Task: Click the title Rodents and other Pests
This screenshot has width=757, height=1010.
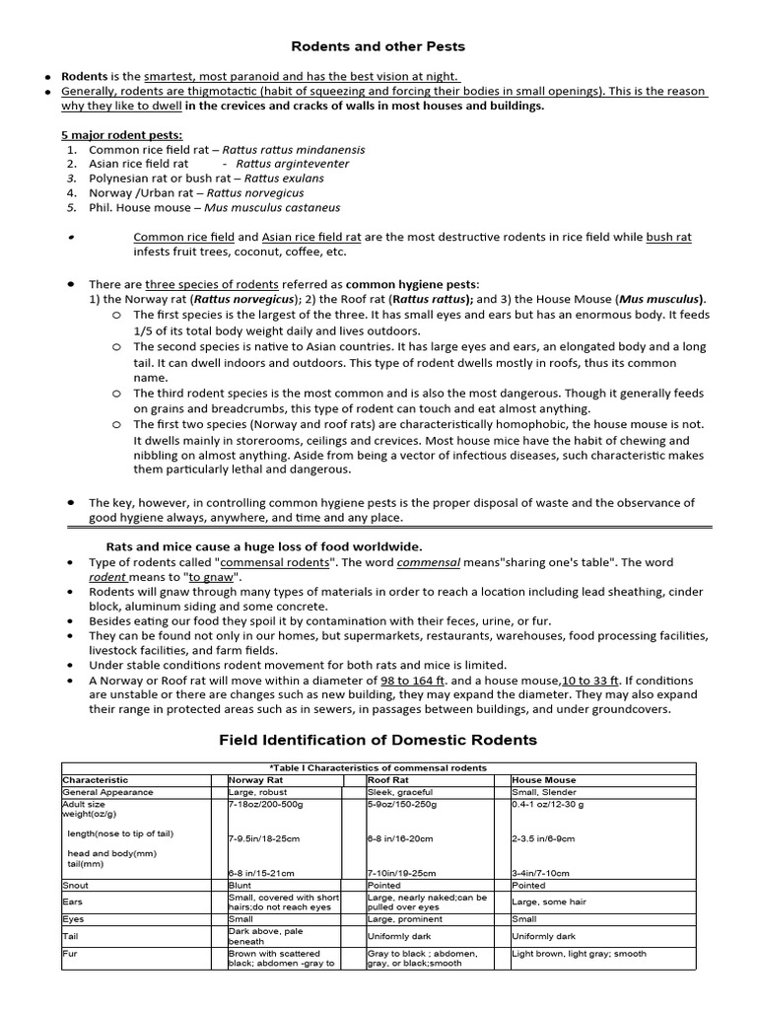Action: coord(377,46)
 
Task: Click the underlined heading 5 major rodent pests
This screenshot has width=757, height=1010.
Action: coord(122,134)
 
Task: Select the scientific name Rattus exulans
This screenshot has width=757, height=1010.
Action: coord(284,179)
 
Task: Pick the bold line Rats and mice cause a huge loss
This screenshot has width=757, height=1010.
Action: coord(263,546)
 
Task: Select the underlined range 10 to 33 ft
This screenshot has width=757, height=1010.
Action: coord(590,681)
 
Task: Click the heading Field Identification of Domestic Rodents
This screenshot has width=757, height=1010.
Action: coord(378,740)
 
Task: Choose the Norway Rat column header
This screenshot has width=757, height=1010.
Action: coord(256,779)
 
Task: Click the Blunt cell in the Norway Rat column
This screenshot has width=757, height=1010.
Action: coord(241,885)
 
